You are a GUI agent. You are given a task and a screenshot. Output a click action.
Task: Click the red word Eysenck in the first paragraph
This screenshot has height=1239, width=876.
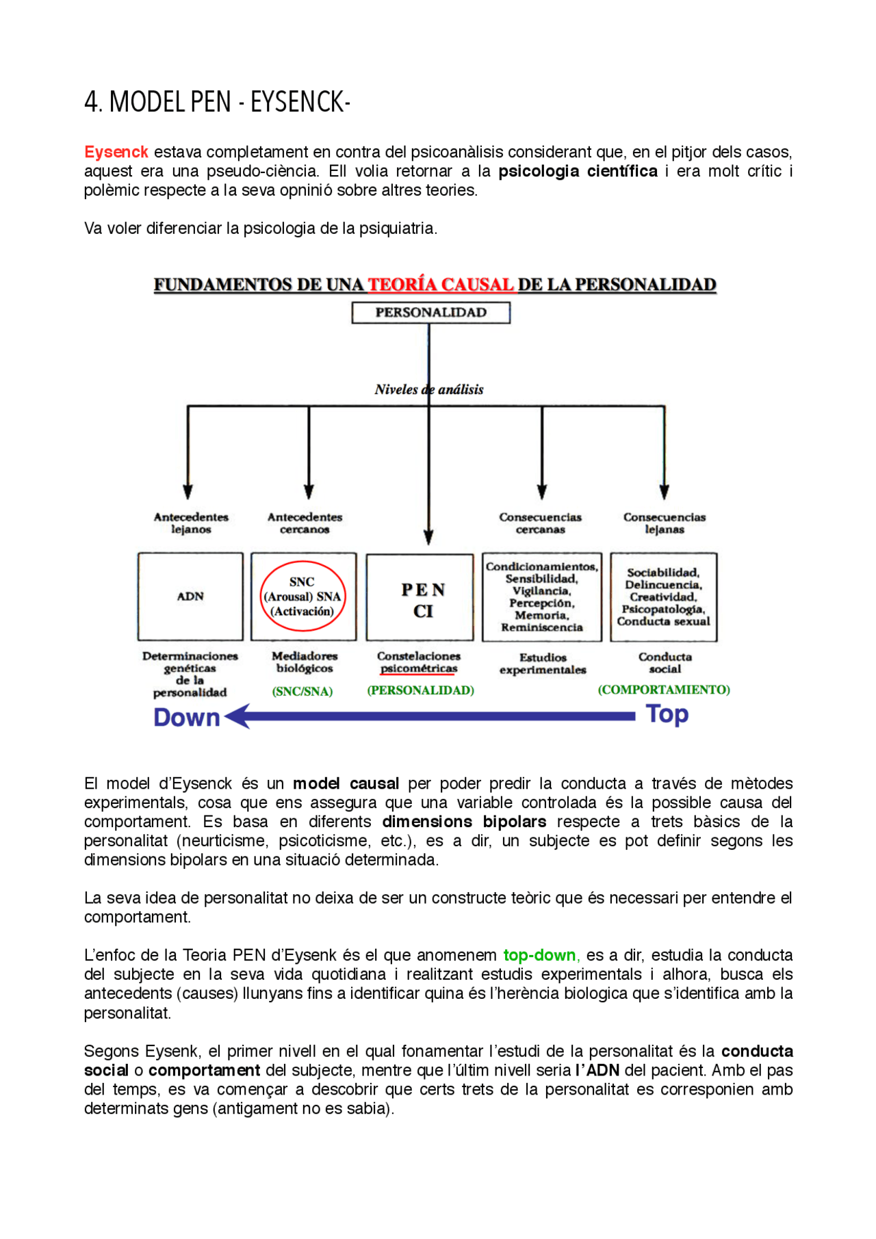[x=116, y=152]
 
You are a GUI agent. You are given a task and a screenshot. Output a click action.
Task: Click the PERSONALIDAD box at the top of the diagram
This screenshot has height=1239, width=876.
[x=430, y=313]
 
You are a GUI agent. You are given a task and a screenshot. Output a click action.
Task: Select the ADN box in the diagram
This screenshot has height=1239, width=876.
[x=190, y=597]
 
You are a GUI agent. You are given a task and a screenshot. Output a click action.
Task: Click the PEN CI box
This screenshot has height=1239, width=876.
[x=420, y=597]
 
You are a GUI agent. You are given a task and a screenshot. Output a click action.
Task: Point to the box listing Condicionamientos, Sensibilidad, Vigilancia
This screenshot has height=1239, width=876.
[x=541, y=597]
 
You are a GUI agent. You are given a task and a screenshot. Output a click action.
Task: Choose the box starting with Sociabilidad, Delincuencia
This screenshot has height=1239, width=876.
[x=663, y=597]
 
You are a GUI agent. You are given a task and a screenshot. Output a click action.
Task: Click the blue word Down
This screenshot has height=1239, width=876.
[x=186, y=717]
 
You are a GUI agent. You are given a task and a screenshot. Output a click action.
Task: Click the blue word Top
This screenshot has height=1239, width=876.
[x=667, y=714]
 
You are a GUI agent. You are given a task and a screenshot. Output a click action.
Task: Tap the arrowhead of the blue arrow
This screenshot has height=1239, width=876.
[x=237, y=717]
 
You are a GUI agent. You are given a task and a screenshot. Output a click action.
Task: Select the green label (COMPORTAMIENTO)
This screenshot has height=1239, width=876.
[x=663, y=690]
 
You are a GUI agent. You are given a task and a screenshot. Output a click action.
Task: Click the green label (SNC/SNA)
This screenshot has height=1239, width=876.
[x=302, y=692]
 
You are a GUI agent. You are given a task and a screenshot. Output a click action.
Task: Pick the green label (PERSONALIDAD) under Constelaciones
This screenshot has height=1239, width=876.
[x=420, y=690]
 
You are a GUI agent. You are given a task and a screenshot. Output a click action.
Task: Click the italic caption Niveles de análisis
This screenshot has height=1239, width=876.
[x=428, y=389]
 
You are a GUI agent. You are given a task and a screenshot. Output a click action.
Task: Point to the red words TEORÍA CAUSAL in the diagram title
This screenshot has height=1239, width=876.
[x=441, y=285]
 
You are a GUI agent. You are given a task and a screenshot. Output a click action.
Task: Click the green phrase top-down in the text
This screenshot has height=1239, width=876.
[x=540, y=955]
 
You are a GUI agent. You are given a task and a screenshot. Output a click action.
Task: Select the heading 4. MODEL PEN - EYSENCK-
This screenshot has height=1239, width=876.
[x=217, y=102]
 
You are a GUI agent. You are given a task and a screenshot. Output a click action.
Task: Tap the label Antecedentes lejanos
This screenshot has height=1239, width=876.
[x=190, y=523]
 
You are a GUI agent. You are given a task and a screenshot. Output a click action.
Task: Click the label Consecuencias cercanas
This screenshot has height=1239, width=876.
[x=540, y=523]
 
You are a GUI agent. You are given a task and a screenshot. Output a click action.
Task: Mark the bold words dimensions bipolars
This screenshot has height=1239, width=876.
[x=464, y=822]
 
